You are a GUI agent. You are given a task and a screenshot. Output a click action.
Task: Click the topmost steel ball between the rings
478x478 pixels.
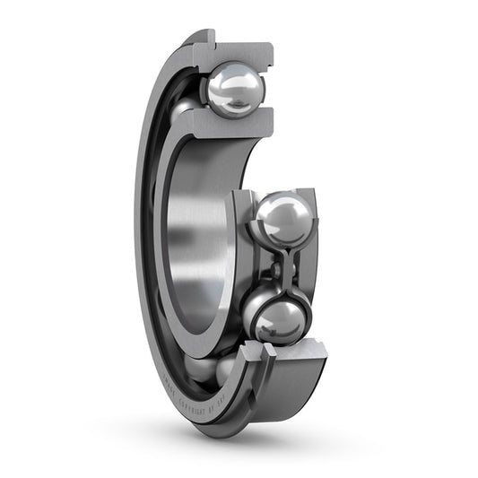point(236,89)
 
